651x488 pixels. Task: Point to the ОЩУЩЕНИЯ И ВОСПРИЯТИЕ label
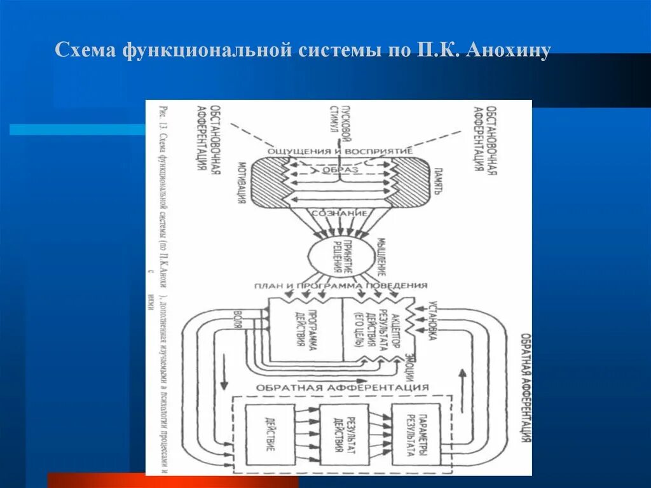[x=341, y=151]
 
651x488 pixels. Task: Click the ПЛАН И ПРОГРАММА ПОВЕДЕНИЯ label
[x=341, y=286]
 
